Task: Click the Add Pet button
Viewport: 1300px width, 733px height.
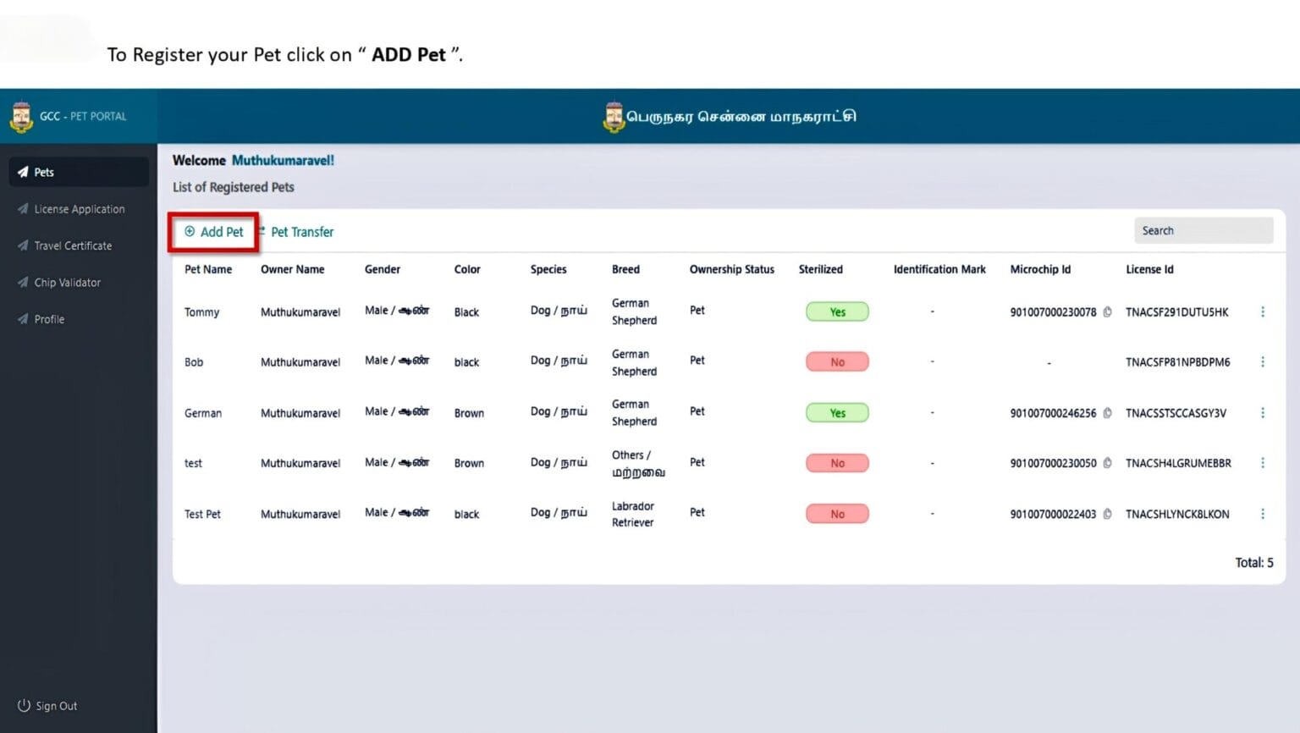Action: (x=213, y=232)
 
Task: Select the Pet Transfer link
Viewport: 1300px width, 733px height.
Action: (x=296, y=232)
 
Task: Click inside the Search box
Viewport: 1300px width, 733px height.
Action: (x=1204, y=230)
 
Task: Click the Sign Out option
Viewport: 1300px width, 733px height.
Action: (x=47, y=706)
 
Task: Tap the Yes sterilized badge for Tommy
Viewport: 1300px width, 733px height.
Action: (x=837, y=311)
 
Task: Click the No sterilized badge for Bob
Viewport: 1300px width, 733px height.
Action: (x=837, y=361)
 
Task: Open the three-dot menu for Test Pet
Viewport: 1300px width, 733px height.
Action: (x=1262, y=514)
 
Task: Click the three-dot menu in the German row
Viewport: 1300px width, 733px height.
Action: (x=1262, y=413)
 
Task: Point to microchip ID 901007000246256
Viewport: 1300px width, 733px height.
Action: (x=1053, y=413)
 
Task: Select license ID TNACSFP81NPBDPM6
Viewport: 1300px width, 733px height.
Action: (x=1177, y=362)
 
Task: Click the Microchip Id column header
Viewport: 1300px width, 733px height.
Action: (x=1040, y=269)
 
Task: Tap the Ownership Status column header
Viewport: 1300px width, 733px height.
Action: (x=731, y=269)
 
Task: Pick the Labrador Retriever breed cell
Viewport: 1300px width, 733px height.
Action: (x=632, y=515)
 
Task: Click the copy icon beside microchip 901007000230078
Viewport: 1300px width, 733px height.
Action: (x=1107, y=312)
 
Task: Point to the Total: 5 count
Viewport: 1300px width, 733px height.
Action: (x=1253, y=562)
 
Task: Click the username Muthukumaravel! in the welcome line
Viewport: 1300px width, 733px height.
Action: (x=283, y=160)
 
